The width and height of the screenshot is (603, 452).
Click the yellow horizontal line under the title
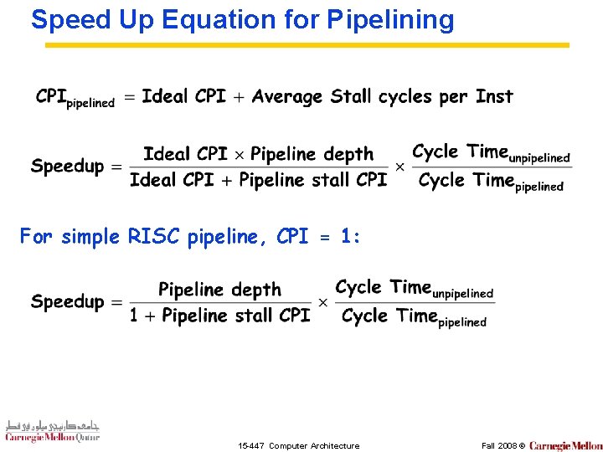click(x=306, y=45)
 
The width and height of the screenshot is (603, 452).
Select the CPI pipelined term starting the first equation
click(x=75, y=98)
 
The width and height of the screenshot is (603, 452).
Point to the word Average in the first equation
click(x=287, y=96)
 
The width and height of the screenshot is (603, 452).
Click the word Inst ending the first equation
click(x=494, y=96)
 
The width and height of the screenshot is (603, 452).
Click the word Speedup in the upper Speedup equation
click(x=68, y=167)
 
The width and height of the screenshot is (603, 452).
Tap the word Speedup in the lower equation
click(x=68, y=302)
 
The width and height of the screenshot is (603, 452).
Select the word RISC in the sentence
click(x=154, y=237)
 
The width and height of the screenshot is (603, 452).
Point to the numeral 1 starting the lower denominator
click(x=135, y=316)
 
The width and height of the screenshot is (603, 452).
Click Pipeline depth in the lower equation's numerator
click(x=219, y=290)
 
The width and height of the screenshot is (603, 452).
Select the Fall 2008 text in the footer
click(x=498, y=445)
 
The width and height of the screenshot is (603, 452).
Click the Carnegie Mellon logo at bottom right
click(x=565, y=445)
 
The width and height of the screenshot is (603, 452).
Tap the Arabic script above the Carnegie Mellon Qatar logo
click(x=52, y=424)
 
